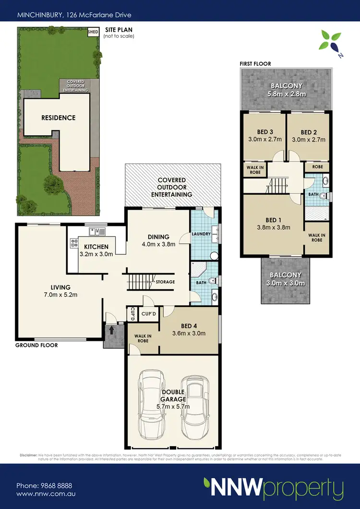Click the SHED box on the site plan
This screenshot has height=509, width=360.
pyautogui.click(x=93, y=33)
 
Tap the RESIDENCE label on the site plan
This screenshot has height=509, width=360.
pyautogui.click(x=58, y=118)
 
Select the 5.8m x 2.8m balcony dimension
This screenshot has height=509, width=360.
pyautogui.click(x=287, y=94)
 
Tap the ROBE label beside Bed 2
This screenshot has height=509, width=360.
pyautogui.click(x=317, y=167)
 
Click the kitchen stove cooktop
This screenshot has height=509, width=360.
pyautogui.click(x=74, y=244)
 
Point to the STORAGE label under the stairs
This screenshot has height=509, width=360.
pyautogui.click(x=165, y=282)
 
